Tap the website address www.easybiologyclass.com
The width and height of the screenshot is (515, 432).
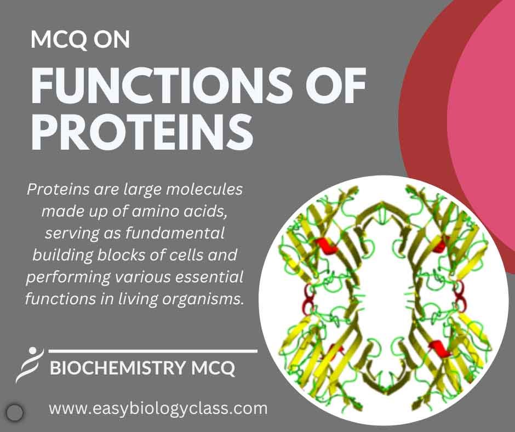[x=158, y=408]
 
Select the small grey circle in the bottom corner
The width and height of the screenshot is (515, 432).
[x=16, y=411]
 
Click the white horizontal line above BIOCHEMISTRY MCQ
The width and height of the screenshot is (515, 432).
[x=153, y=350]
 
